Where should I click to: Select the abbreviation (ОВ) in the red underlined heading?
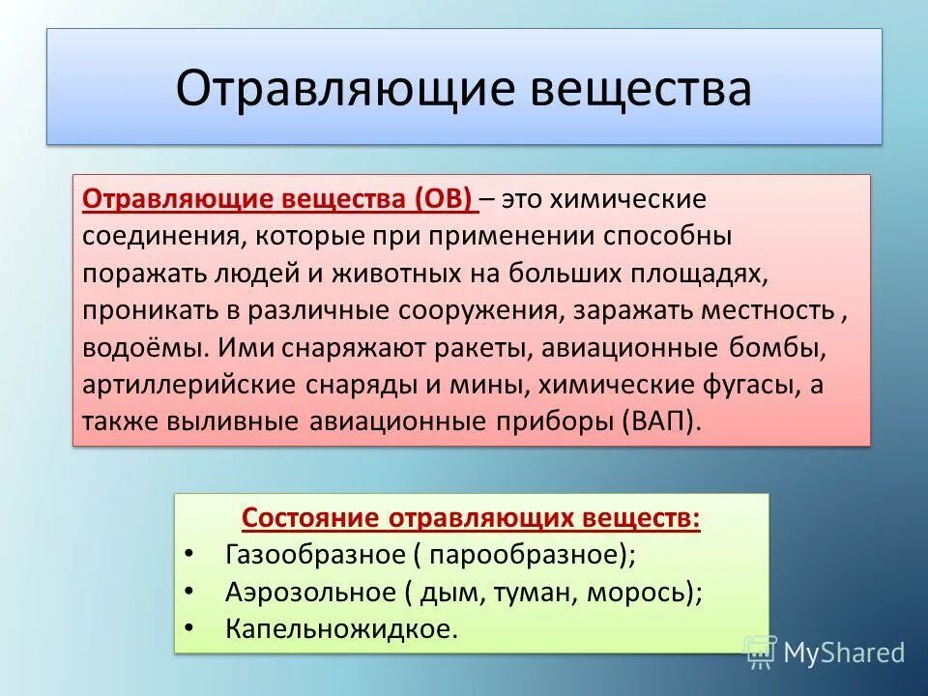click(444, 199)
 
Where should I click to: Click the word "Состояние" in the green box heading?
click(310, 517)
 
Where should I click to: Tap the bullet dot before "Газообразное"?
click(188, 555)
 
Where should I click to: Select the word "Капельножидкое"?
click(340, 628)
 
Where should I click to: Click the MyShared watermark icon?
click(761, 652)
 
